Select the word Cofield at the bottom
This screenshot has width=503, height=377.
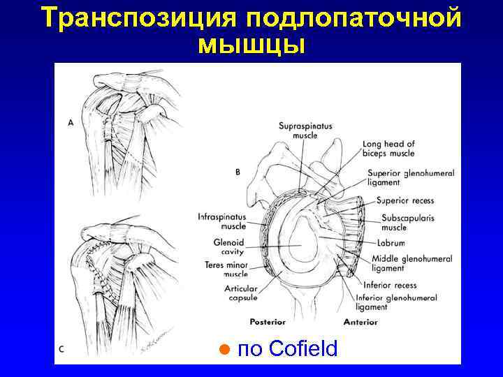[x=302, y=348]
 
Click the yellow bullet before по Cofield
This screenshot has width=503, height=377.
[x=224, y=349]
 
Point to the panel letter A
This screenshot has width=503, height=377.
[x=71, y=122]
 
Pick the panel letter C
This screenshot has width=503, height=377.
[x=62, y=349]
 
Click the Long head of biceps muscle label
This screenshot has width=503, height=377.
[x=388, y=149]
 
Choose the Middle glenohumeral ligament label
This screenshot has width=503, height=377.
[x=411, y=263]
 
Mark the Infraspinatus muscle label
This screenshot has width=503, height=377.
[x=223, y=221]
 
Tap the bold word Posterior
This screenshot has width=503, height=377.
[x=268, y=322]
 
